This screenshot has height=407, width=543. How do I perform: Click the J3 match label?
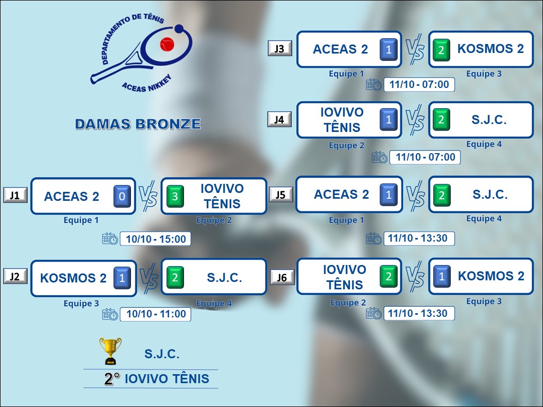(279, 49)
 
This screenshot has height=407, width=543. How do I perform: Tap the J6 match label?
(282, 277)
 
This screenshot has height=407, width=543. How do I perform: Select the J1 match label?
(15, 196)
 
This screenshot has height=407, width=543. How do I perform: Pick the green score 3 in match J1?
(175, 197)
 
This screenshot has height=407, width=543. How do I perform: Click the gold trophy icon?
(110, 351)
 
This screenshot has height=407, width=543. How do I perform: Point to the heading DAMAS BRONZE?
(138, 124)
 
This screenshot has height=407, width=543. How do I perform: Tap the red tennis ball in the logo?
(167, 43)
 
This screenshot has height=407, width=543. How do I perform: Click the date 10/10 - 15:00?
(155, 239)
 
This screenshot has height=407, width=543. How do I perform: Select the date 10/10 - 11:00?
(156, 314)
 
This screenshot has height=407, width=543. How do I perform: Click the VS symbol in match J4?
(415, 120)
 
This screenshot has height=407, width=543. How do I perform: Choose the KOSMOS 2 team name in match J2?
(73, 278)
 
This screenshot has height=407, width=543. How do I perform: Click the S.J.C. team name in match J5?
(490, 194)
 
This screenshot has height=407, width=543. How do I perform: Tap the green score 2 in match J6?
(388, 276)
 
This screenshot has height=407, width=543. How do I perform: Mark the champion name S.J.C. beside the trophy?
(162, 354)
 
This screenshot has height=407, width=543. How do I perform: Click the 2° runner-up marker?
(112, 379)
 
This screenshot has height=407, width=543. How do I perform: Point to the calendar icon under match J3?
(374, 85)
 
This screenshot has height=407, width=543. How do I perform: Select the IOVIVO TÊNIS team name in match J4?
(342, 120)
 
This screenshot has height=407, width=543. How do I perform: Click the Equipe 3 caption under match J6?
(484, 301)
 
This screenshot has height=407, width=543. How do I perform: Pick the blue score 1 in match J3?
(389, 50)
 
